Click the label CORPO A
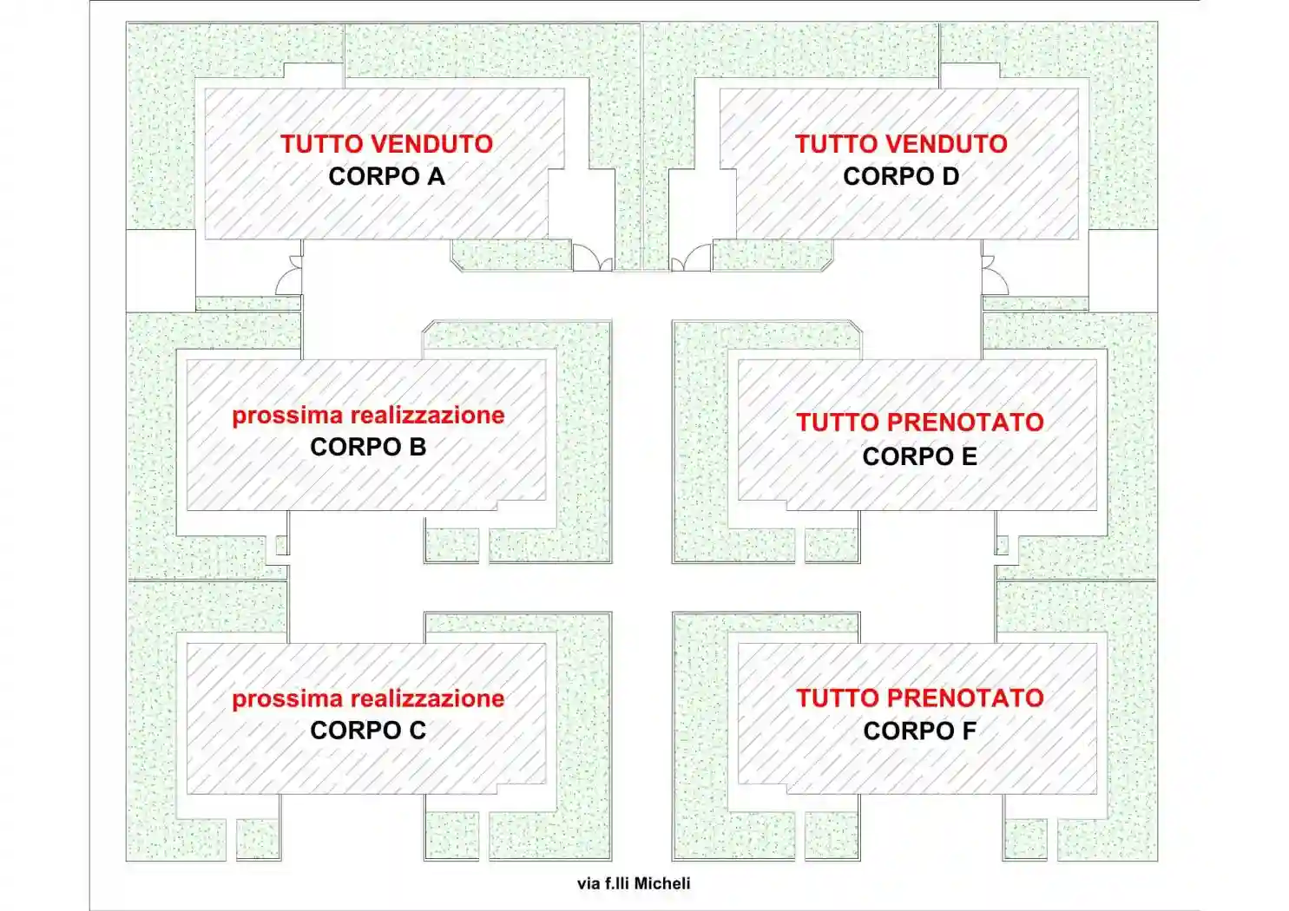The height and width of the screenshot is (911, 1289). click(386, 176)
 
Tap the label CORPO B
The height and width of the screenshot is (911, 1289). click(368, 447)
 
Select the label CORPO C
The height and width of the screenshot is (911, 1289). click(368, 731)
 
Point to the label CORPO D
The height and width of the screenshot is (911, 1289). click(901, 176)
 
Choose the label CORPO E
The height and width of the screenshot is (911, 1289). click(920, 456)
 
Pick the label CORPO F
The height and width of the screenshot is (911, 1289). click(920, 731)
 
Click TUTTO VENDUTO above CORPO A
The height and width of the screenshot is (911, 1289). click(386, 144)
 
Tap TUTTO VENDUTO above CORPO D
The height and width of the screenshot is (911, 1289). click(901, 144)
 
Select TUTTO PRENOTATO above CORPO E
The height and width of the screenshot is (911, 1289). click(920, 423)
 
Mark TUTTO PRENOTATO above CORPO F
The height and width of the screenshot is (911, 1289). click(920, 698)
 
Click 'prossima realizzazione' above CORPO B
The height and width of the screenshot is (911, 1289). click(368, 416)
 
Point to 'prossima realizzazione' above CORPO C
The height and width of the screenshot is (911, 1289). click(368, 699)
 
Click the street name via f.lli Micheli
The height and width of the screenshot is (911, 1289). click(634, 883)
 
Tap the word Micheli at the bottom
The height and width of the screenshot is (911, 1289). click(662, 883)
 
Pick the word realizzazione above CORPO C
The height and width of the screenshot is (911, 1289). click(427, 699)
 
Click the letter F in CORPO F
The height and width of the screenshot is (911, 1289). click(969, 731)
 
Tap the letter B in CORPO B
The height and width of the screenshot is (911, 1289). click(417, 447)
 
